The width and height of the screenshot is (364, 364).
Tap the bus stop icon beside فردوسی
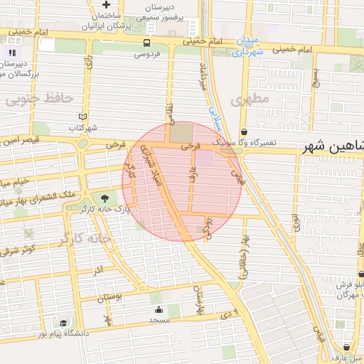pos(146,43)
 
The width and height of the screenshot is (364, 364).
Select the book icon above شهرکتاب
pos(83,117)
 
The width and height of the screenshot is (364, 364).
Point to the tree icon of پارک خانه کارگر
pos(105,198)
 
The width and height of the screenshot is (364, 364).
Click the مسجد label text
pos(157,321)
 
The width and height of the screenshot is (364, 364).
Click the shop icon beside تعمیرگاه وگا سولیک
pos(245,132)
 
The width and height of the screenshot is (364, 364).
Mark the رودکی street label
pos(208,229)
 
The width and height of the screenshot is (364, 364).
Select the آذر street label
pos(98,270)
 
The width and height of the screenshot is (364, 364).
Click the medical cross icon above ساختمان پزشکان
pos(106,4)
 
